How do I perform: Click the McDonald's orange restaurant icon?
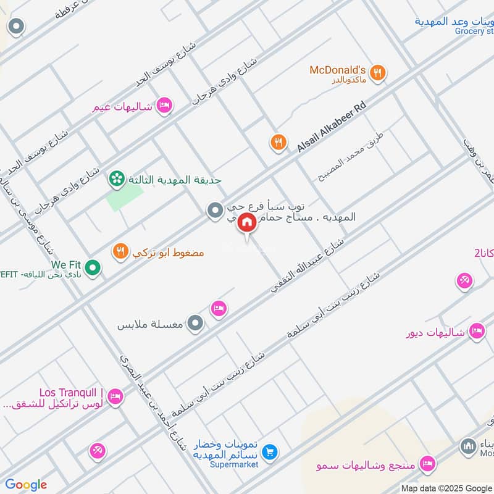click(378, 73)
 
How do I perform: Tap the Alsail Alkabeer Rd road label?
click(332, 127)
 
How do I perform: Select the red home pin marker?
click(246, 222)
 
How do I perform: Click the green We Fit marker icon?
click(93, 268)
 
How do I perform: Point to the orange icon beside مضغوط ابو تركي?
click(120, 251)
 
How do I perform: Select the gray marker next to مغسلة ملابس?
click(196, 323)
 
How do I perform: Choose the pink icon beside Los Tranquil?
click(115, 397)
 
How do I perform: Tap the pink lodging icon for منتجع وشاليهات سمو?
click(427, 463)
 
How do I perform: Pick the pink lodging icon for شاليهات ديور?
click(476, 332)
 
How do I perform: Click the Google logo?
click(26, 485)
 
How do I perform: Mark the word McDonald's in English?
click(338, 70)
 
